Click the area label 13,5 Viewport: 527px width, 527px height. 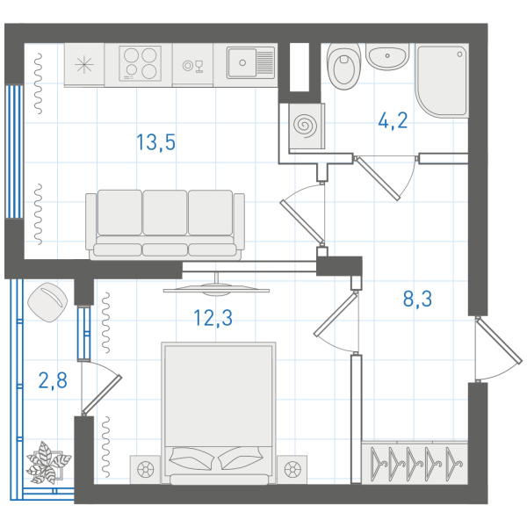click(x=156, y=141)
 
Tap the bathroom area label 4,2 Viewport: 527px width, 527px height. click(x=393, y=120)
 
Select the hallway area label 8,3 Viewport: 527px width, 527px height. click(x=417, y=299)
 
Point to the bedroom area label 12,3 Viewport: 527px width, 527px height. click(x=213, y=318)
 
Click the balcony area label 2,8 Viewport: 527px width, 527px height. click(x=53, y=380)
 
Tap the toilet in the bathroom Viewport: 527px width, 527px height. click(x=343, y=66)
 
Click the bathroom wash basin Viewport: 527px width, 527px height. click(x=387, y=56)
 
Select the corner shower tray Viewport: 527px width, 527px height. click(x=442, y=80)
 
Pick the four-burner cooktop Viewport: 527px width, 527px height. click(x=140, y=63)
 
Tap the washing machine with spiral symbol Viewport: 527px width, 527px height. click(x=306, y=126)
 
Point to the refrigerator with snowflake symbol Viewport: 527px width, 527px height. click(x=84, y=64)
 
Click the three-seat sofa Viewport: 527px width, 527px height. click(x=165, y=225)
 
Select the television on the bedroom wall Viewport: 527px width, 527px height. click(x=216, y=285)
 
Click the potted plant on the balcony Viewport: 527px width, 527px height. click(x=48, y=462)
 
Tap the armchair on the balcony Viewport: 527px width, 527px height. click(x=47, y=302)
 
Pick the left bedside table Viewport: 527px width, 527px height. click(x=146, y=469)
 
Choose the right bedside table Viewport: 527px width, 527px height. click(x=292, y=469)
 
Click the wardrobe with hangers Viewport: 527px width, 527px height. click(x=415, y=463)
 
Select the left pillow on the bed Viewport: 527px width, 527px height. click(x=191, y=458)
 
